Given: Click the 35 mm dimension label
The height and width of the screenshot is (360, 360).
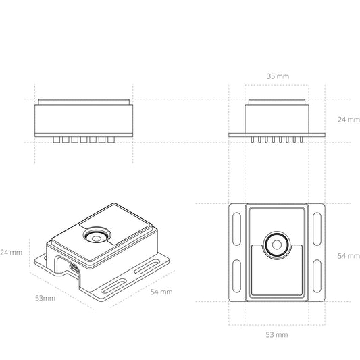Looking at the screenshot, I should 277,76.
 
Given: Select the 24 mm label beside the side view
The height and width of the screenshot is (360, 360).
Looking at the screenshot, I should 349,119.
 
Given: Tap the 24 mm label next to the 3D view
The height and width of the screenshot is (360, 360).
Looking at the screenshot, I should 11,252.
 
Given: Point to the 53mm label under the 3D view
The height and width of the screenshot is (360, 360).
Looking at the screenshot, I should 45,297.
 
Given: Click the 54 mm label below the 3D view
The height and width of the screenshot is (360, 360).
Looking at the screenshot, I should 161,292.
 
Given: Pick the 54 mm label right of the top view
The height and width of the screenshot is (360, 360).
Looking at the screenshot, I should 349,256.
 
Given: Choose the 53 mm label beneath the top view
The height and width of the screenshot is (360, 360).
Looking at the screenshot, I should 277,334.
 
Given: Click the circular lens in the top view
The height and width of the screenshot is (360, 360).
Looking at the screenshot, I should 277,245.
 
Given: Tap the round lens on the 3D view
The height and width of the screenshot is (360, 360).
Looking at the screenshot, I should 95,236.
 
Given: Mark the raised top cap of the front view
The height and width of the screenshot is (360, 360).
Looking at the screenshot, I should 84,103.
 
